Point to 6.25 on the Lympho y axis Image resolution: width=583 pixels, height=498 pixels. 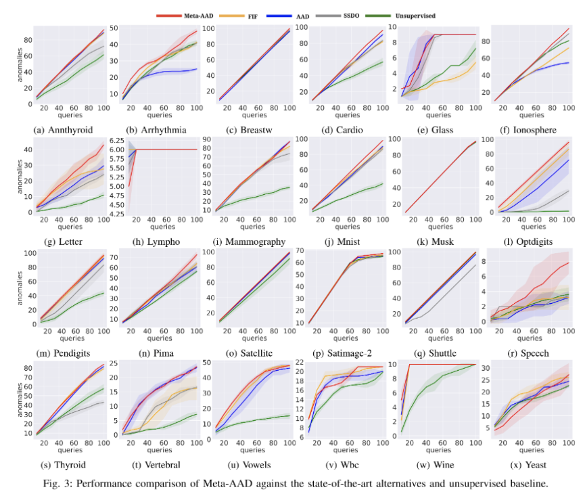click(114, 139)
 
